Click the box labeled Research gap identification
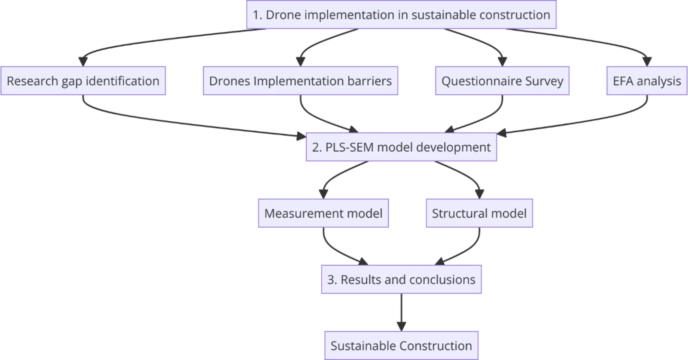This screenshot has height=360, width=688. click(83, 81)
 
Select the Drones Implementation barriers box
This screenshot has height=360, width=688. click(300, 81)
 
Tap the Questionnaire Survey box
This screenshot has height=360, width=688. click(502, 81)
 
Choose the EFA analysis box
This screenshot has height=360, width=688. click(647, 81)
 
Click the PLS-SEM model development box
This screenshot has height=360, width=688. click(401, 147)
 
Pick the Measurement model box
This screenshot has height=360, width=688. click(323, 213)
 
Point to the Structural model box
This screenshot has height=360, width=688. click(479, 213)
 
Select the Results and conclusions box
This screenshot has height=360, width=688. click(401, 279)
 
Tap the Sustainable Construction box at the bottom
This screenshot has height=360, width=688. click(401, 346)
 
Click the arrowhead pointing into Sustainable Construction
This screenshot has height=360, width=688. click(401, 326)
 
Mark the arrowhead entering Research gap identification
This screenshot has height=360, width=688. click(83, 62)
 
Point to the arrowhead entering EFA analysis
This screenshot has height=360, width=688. click(647, 62)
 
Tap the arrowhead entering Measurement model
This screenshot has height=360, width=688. click(323, 194)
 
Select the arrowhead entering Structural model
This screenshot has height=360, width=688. click(479, 194)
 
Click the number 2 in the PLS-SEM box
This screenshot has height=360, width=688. click(315, 147)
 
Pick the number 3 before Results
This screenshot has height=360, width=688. click(331, 280)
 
